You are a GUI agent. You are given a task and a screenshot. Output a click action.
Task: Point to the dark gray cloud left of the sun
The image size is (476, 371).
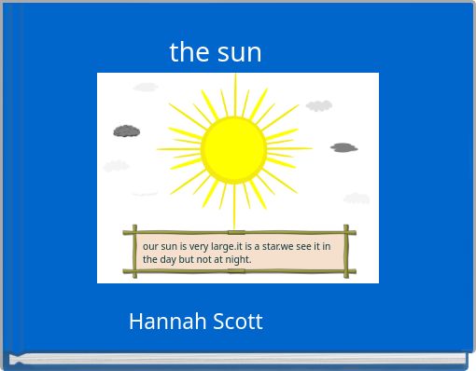127,131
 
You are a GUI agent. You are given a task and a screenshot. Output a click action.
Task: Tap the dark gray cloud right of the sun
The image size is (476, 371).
343,147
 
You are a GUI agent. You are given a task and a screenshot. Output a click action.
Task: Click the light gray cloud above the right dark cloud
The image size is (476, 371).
319,106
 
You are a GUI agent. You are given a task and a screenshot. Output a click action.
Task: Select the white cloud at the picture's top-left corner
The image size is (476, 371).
146,88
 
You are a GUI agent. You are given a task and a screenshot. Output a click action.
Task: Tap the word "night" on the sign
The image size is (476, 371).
237,259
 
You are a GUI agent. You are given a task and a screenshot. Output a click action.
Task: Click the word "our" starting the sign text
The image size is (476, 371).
150,247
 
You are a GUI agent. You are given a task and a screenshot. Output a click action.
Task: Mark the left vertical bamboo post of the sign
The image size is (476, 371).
135,251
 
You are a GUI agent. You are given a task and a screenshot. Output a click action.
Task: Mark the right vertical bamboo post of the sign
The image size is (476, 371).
346,251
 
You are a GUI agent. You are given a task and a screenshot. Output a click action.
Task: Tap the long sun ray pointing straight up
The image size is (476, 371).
234,93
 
